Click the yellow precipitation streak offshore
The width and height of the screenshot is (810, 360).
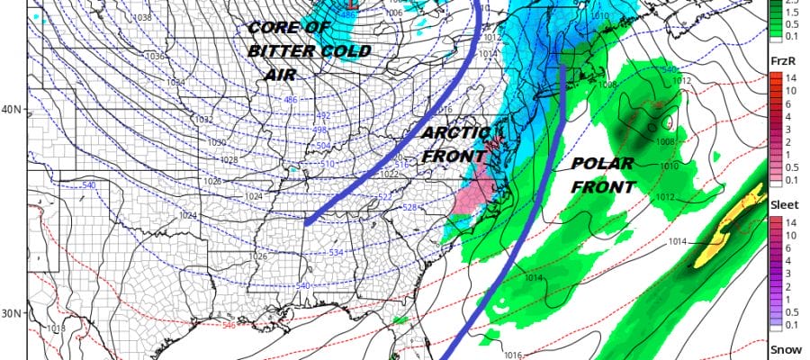pyautogui.click(x=724, y=234)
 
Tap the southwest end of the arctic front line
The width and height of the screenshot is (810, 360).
pyautogui.click(x=307, y=221)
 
